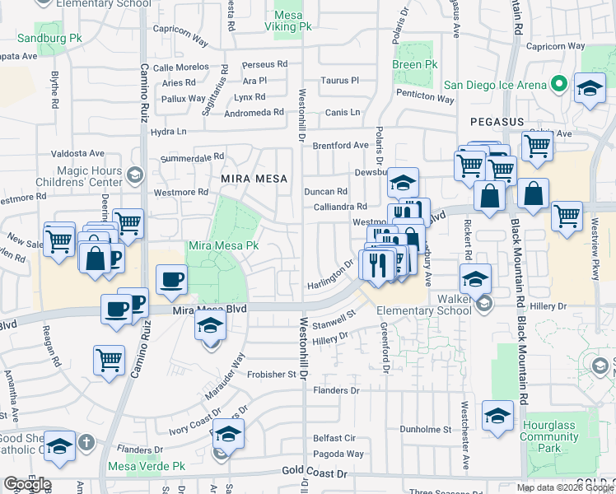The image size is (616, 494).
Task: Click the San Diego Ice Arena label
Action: point(496,85)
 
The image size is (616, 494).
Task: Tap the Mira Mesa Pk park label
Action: point(224,245)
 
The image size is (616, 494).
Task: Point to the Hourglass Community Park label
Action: point(550,437)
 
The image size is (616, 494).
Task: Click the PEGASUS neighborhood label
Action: point(497,121)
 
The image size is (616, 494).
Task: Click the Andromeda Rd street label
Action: point(254,112)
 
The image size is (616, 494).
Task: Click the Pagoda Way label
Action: point(338,454)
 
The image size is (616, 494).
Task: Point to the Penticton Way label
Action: point(425,98)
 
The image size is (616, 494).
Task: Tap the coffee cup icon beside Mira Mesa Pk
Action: point(171,279)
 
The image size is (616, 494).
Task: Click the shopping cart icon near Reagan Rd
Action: point(109,360)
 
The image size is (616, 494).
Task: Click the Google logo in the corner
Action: point(26,484)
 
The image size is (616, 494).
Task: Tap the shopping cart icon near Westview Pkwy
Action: point(567,217)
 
